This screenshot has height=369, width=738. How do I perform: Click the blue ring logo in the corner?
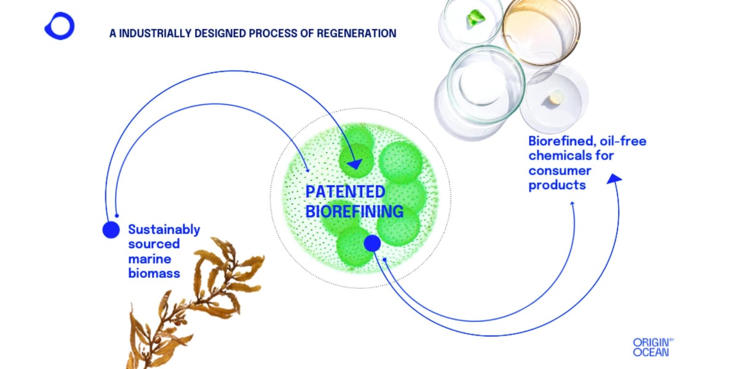tap(60, 26)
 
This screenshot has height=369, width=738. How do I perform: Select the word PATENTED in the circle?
tap(345, 192)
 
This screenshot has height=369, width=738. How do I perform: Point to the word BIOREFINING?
tap(354, 211)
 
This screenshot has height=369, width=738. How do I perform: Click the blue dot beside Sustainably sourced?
tap(111, 230)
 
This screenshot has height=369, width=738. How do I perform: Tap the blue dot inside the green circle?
tap(372, 243)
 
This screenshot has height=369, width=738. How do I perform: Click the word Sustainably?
tap(164, 230)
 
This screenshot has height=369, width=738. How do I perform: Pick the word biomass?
tap(154, 273)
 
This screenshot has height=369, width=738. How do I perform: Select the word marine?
tap(150, 259)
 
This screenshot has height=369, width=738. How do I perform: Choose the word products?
tap(557, 185)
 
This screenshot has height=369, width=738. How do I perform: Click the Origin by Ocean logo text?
tap(650, 347)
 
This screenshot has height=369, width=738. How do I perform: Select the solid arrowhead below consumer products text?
tap(614, 178)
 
